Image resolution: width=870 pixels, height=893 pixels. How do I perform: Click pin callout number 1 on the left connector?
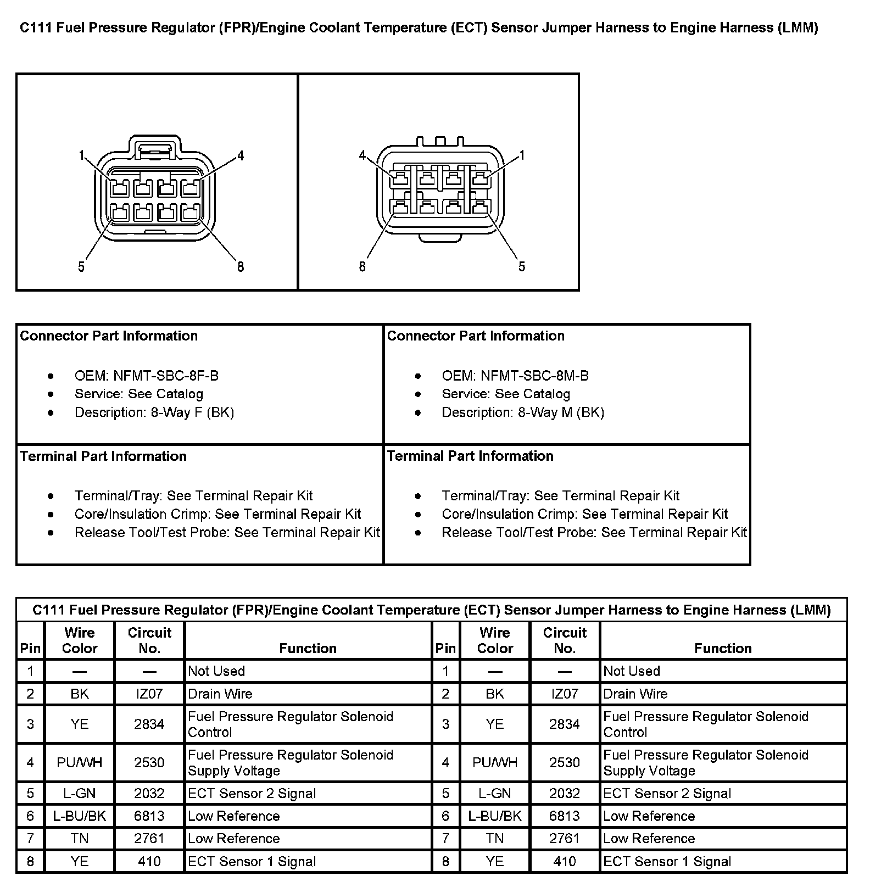click(81, 155)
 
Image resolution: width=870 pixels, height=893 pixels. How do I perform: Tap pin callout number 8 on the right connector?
click(362, 266)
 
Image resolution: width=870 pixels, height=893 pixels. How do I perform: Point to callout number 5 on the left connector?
click(81, 267)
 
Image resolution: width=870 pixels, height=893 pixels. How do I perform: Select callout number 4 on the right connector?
click(362, 155)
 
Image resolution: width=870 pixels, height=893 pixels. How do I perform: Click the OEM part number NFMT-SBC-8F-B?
click(165, 376)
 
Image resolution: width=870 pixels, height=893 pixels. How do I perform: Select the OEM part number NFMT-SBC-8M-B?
click(534, 376)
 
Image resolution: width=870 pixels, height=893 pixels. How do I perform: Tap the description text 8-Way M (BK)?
click(561, 412)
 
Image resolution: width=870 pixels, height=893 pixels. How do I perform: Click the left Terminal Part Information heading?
click(103, 456)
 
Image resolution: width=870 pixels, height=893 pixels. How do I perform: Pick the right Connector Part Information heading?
click(476, 336)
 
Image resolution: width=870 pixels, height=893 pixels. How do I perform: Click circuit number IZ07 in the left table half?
click(149, 694)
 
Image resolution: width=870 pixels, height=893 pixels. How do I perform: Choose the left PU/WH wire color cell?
click(80, 762)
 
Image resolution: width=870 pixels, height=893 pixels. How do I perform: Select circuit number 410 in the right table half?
click(565, 861)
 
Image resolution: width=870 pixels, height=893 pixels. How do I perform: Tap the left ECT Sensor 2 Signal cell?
click(252, 793)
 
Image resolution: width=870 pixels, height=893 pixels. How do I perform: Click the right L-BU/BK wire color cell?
click(495, 816)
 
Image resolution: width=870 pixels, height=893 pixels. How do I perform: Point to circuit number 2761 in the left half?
click(149, 838)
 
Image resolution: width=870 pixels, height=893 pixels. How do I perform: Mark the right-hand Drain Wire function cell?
click(635, 694)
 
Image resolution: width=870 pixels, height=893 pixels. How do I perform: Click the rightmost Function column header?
click(723, 648)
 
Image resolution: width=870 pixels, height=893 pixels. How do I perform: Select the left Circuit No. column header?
click(149, 640)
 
